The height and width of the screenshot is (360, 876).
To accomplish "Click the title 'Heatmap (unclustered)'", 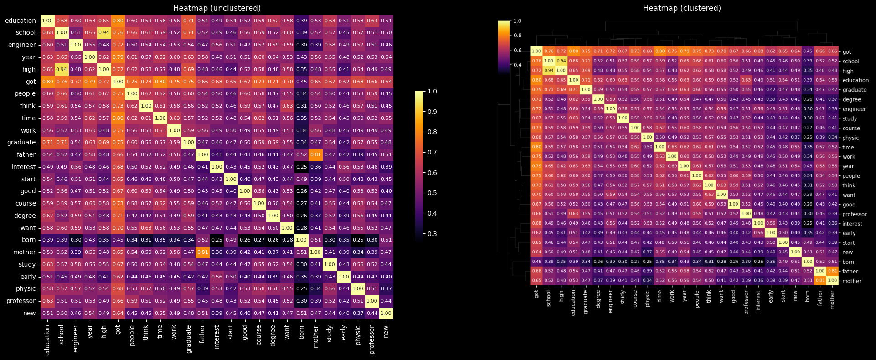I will pos(217,8).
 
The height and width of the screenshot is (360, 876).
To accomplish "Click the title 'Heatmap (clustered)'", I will pos(682,8).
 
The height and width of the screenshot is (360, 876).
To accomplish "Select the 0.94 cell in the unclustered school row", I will pos(104,32).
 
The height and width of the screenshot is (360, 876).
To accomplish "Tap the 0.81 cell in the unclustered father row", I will pos(315,154).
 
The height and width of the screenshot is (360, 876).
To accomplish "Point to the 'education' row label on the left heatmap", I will pos(20,21).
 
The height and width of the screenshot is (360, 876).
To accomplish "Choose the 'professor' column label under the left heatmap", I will pos(372,339).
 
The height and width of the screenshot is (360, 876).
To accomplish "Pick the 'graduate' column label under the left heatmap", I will pos(189,339).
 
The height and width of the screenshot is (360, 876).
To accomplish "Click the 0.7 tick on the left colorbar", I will pos(432,152).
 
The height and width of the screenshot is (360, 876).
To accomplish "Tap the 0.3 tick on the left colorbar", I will pos(432,234).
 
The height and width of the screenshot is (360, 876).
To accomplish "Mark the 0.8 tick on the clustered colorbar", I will pos(517,36).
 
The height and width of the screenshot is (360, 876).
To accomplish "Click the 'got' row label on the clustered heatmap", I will pos(847,52).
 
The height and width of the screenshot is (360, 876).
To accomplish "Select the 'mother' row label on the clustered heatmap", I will pos(851,281).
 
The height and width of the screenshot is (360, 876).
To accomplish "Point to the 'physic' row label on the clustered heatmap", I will pos(850,138).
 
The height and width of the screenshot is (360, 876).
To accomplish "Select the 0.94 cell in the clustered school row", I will pos(561,61).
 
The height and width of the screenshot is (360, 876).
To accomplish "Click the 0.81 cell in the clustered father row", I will pos(832,271).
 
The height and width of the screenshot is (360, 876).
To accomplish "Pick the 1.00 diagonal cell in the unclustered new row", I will pos(386,313).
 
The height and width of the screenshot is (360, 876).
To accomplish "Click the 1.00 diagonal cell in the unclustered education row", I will pos(47,21).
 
